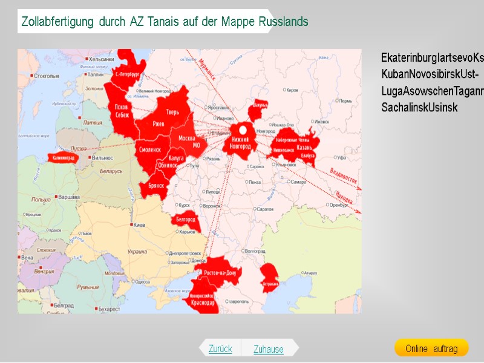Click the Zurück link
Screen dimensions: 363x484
[x=220, y=348]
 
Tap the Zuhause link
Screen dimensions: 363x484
[x=269, y=349]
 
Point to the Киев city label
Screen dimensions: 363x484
[x=139, y=225]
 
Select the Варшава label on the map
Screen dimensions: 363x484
[x=68, y=197]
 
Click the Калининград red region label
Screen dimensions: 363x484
[x=63, y=158]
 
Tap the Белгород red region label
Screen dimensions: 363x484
[x=186, y=220]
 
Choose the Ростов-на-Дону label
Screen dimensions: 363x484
[x=219, y=273]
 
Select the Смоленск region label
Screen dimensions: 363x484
[x=150, y=149]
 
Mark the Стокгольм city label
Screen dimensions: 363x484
[x=47, y=76]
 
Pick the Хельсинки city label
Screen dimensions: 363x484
[x=101, y=59]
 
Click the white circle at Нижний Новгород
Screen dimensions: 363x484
[x=243, y=129]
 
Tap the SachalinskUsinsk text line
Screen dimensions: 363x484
[x=419, y=108]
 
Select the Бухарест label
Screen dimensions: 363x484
[x=110, y=309]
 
